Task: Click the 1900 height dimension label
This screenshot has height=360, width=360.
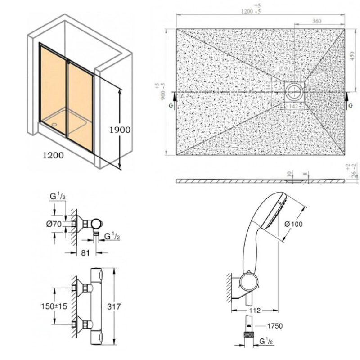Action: point(120,130)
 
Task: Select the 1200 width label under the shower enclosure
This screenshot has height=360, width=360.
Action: point(53,156)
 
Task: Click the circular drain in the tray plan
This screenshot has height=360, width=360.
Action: point(294,91)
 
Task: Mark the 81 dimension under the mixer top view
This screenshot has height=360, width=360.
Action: point(85,253)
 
